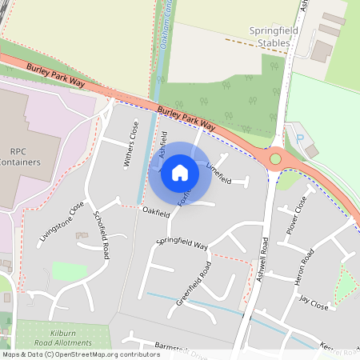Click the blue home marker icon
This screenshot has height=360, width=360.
coord(180,172)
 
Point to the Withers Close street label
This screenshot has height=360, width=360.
coord(129,144)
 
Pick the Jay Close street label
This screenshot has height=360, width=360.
coord(314,302)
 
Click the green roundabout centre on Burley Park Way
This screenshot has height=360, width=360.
coord(275,159)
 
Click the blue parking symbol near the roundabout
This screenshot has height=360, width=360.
coord(299,138)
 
